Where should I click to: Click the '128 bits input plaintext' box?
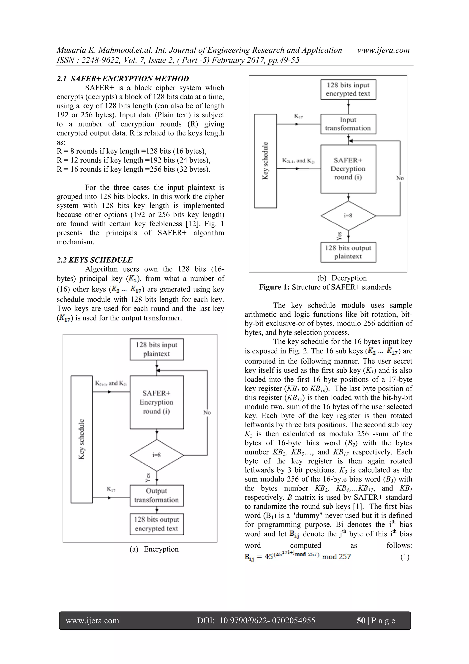click(x=157, y=349)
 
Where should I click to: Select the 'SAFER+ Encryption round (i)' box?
click(x=157, y=402)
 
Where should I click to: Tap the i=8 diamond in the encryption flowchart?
click(x=157, y=455)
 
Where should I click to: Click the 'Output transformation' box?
click(x=157, y=495)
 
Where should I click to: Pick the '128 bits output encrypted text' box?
click(x=157, y=524)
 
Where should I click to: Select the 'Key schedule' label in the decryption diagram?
click(x=265, y=161)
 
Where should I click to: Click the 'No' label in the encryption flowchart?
click(x=207, y=412)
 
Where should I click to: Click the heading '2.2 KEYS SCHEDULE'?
click(x=95, y=260)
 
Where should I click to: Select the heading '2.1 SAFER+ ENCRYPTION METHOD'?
click(x=123, y=79)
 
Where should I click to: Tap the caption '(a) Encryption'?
click(x=154, y=549)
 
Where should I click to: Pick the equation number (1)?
click(x=405, y=557)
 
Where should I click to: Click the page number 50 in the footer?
click(x=361, y=620)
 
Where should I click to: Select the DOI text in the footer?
click(x=256, y=620)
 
